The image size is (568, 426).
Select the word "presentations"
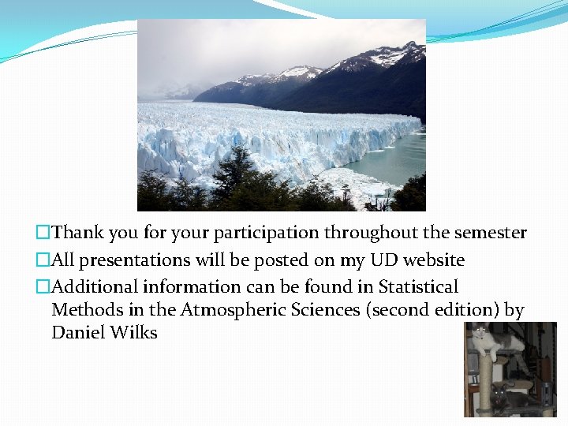click(x=133, y=260)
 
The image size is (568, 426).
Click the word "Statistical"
click(x=418, y=286)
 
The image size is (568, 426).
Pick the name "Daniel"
click(x=77, y=333)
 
